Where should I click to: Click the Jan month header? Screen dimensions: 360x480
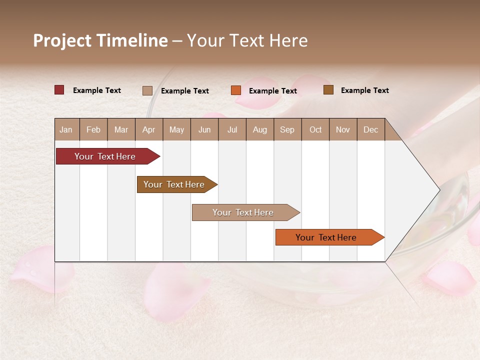[66, 129]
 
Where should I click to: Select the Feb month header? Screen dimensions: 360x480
[93, 129]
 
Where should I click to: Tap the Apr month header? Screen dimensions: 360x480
[149, 129]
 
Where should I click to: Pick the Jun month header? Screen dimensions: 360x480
[204, 129]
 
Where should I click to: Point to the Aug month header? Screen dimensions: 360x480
[260, 129]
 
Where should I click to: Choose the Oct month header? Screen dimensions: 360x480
[315, 129]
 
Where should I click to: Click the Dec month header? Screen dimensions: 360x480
[371, 129]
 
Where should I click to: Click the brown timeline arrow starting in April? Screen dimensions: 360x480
[175, 184]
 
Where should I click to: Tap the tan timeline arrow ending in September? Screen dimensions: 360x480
[244, 212]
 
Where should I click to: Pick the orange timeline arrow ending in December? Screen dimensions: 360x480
[327, 237]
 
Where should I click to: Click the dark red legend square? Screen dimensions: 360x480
[59, 90]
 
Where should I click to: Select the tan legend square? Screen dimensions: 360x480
[147, 90]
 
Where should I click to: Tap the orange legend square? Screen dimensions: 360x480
[236, 90]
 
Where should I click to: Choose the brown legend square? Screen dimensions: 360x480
[328, 90]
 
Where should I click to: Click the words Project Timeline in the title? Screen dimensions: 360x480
[100, 40]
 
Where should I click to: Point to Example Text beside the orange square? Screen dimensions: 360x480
[273, 91]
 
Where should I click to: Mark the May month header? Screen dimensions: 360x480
[176, 129]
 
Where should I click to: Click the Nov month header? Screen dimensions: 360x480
[343, 129]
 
